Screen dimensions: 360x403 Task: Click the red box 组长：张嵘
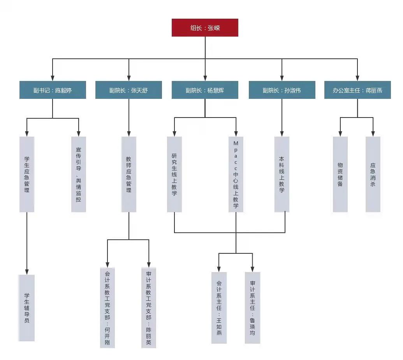(205, 28)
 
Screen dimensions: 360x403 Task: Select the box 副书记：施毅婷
(53, 90)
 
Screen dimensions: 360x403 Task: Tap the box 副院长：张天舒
(128, 90)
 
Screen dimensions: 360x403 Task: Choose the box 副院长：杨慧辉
(205, 90)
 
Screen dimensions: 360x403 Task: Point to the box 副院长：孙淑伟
(282, 90)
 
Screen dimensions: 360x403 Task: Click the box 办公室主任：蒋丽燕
(357, 90)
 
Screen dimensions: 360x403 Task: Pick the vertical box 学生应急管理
(27, 174)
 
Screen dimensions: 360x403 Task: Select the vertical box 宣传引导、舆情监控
(79, 174)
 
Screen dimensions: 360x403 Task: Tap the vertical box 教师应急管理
(129, 174)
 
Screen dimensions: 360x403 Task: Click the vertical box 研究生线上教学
(174, 174)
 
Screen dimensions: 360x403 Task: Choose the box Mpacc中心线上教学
(236, 174)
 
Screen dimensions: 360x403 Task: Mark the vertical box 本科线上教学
(282, 174)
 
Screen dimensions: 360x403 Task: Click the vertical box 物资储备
(340, 174)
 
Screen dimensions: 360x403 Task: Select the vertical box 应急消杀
(373, 174)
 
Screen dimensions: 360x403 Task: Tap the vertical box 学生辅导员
(26, 307)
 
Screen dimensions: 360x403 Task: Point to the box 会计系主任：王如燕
(219, 307)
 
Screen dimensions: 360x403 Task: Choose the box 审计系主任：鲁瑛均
(253, 307)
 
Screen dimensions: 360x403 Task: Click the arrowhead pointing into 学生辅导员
(27, 272)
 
